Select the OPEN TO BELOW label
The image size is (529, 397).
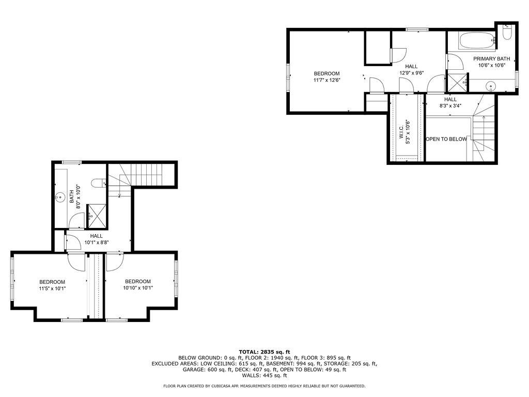point(446,139)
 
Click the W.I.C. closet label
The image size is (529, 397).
point(401,128)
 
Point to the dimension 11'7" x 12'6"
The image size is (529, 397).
point(327,80)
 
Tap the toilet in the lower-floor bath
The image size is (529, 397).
point(98,183)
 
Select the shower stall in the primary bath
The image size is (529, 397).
point(456,83)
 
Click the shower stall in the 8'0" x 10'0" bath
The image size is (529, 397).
point(98,215)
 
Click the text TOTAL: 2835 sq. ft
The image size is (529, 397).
point(264,352)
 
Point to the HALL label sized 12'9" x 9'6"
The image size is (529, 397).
point(411,66)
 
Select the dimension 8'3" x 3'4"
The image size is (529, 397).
point(450,106)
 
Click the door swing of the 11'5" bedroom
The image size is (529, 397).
point(78,263)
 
